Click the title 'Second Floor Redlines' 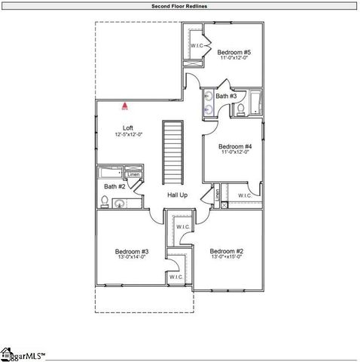pyautogui.click(x=179, y=5)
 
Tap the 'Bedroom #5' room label pyautogui.click(x=233, y=52)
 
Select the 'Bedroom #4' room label pyautogui.click(x=234, y=146)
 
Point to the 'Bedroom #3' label pyautogui.click(x=131, y=251)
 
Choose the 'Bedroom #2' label pyautogui.click(x=226, y=251)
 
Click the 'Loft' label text pyautogui.click(x=128, y=127)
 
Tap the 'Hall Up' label pyautogui.click(x=177, y=195)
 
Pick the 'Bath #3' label pyautogui.click(x=226, y=97)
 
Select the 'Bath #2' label pyautogui.click(x=114, y=186)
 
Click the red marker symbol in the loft pyautogui.click(x=126, y=108)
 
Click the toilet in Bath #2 pyautogui.click(x=104, y=201)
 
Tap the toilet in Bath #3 pyautogui.click(x=240, y=111)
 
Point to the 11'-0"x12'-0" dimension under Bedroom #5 pyautogui.click(x=233, y=59)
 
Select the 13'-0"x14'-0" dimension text pyautogui.click(x=131, y=258)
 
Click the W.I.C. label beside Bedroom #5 pyautogui.click(x=197, y=46)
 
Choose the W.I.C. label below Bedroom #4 pyautogui.click(x=245, y=195)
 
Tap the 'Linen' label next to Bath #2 pyautogui.click(x=133, y=175)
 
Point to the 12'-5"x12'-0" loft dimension pyautogui.click(x=129, y=134)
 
